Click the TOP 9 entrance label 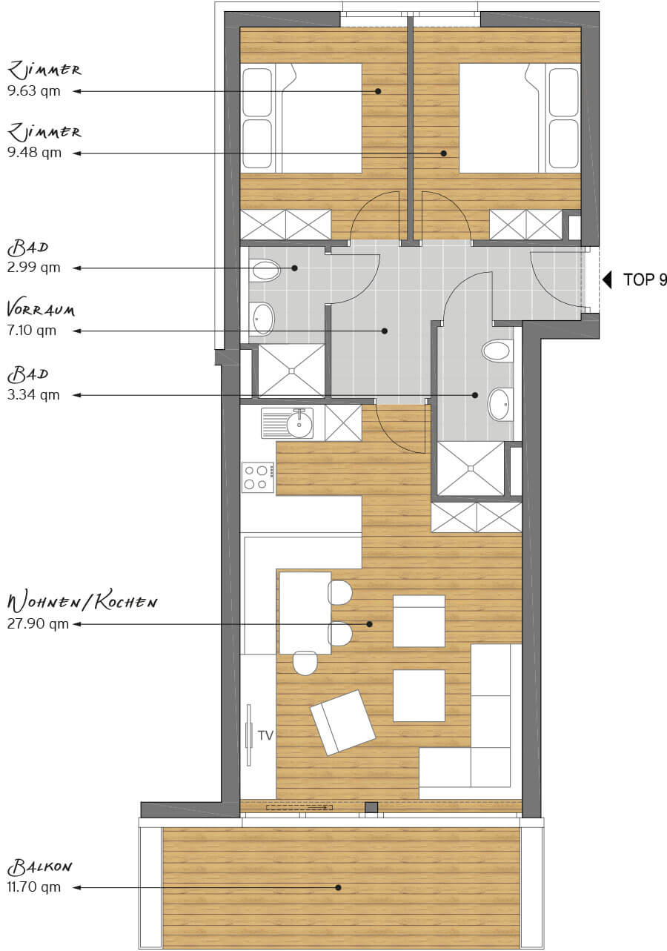pyautogui.click(x=645, y=279)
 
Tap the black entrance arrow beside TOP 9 pyautogui.click(x=607, y=280)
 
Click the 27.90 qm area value pyautogui.click(x=38, y=624)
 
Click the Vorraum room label pyautogui.click(x=41, y=310)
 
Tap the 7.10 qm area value pyautogui.click(x=32, y=331)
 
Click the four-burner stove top pyautogui.click(x=258, y=477)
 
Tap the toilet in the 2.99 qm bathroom pyautogui.click(x=265, y=270)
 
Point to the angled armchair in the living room pyautogui.click(x=342, y=723)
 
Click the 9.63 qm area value pyautogui.click(x=34, y=91)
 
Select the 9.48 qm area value pyautogui.click(x=34, y=153)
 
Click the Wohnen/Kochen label pyautogui.click(x=82, y=603)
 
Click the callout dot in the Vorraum pyautogui.click(x=385, y=331)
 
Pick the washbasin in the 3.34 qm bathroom pyautogui.click(x=500, y=404)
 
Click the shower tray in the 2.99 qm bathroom pyautogui.click(x=292, y=371)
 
